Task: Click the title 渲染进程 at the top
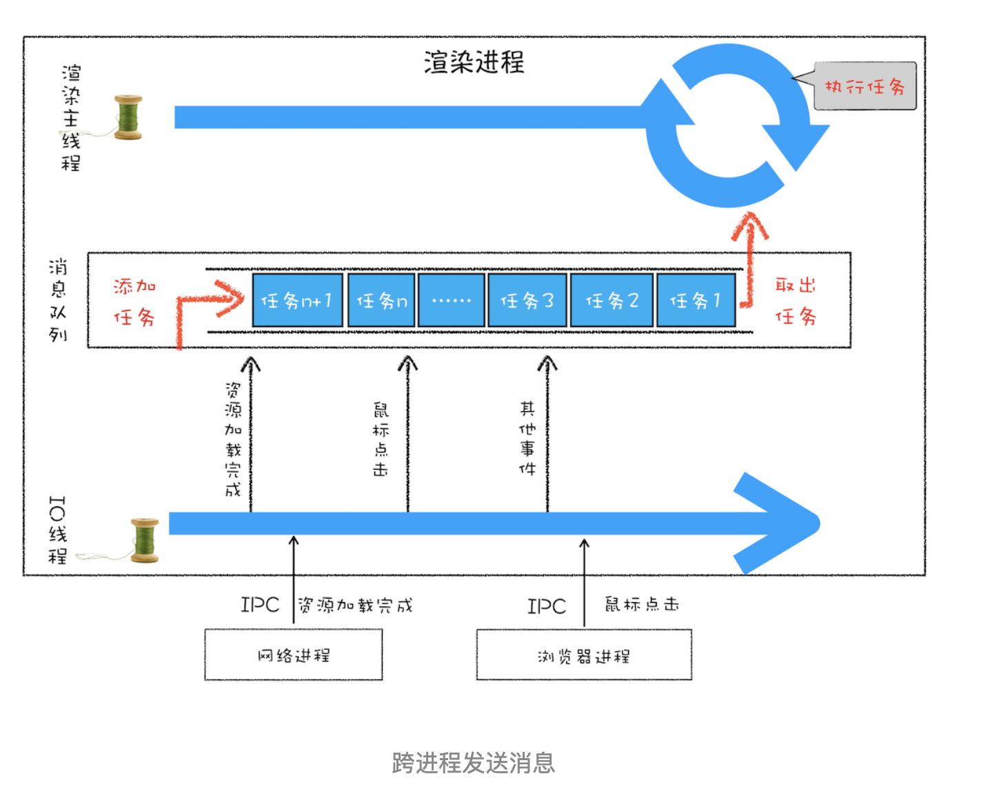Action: click(474, 63)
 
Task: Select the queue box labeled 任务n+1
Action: click(297, 300)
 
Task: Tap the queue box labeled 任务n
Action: click(381, 300)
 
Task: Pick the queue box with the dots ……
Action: click(451, 300)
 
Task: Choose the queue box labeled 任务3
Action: click(527, 300)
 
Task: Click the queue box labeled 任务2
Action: click(612, 300)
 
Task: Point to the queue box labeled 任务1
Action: click(696, 300)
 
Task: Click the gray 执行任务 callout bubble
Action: click(865, 86)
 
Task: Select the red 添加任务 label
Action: click(134, 301)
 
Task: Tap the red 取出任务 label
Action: click(796, 301)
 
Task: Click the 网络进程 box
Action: click(293, 655)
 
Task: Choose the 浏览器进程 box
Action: click(583, 655)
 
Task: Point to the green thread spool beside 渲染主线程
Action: click(128, 117)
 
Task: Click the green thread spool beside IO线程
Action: click(145, 540)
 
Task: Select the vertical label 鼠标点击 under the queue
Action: click(381, 439)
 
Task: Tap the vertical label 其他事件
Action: click(527, 439)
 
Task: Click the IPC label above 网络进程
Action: click(260, 605)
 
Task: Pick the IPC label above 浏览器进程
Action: click(547, 606)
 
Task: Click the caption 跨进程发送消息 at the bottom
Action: click(473, 763)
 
